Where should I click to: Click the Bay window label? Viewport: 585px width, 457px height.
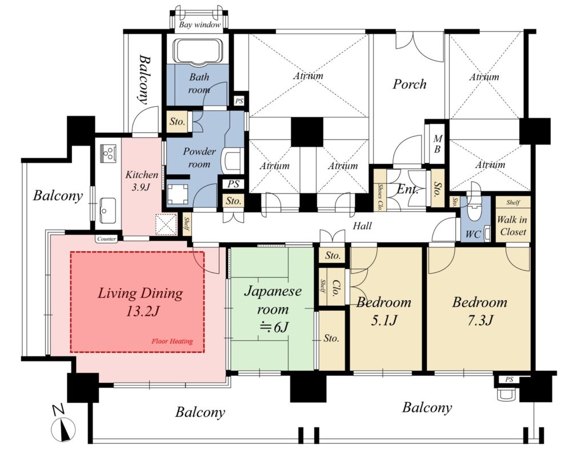(199, 25)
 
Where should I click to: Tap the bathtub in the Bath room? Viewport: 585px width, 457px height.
(199, 50)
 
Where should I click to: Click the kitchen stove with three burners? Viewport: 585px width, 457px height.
(109, 153)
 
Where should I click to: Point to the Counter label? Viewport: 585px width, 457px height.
(106, 239)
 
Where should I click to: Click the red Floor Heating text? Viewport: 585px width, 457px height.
(172, 341)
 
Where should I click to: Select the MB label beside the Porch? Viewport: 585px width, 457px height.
(438, 143)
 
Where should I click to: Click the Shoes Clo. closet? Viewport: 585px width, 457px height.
(380, 190)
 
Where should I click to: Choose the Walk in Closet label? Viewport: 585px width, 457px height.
(512, 225)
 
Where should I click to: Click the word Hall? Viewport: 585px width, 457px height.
(362, 225)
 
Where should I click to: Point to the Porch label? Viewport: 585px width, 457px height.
(409, 84)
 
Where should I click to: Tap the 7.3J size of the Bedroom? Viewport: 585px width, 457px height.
(480, 319)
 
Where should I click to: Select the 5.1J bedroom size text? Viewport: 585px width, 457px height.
(384, 319)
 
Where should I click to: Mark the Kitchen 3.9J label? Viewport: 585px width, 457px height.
(142, 181)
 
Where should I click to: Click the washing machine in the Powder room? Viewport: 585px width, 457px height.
(178, 195)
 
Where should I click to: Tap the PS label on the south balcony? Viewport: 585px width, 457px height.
(509, 379)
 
